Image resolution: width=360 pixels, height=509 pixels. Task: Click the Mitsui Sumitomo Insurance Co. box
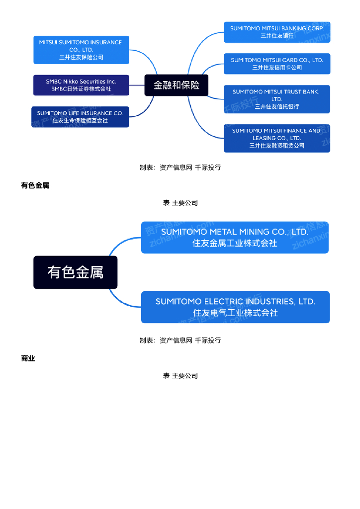81,50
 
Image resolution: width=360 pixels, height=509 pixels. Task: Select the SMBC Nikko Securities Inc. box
81,85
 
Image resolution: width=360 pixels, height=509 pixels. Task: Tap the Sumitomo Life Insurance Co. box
80,117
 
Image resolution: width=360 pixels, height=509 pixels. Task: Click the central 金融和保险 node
177,85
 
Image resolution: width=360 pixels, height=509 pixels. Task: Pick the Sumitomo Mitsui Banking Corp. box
277,32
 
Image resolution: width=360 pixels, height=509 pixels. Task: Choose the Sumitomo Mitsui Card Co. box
277,64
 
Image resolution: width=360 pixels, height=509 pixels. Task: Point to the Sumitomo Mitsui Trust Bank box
277,99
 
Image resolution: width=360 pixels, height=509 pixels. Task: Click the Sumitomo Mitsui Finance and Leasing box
277,138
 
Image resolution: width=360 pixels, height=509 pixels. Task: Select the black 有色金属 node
76,272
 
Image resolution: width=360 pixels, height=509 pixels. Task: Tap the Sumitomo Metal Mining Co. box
235,238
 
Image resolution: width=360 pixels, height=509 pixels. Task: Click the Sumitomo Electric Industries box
235,307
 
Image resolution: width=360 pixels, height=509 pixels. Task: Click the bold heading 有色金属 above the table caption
35,185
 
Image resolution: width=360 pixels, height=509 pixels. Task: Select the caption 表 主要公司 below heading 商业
180,376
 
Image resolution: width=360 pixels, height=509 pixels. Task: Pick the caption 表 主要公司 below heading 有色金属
180,203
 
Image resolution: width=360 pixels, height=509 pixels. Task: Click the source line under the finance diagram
180,168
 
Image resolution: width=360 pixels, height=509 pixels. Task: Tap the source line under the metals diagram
180,340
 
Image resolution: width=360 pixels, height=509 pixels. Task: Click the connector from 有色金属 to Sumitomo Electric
119,301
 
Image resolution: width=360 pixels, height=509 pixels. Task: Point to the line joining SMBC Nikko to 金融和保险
137,85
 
